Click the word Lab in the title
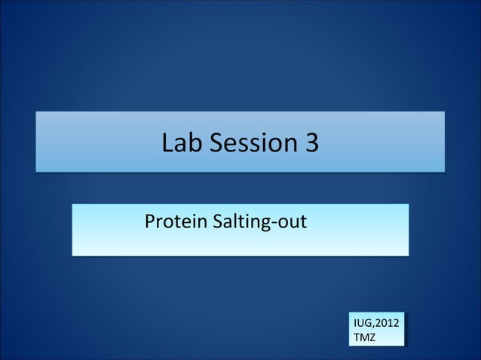point(180,142)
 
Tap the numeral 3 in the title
point(311,142)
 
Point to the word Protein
point(171,222)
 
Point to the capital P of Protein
point(149,222)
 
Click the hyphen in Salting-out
point(280,224)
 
